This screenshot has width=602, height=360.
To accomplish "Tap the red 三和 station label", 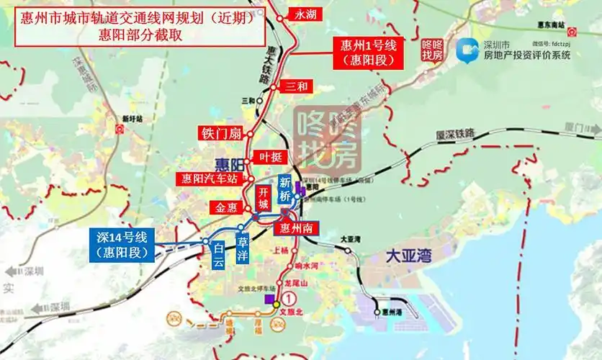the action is pyautogui.click(x=296, y=86).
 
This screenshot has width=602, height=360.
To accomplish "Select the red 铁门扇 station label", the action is pyautogui.click(x=221, y=133).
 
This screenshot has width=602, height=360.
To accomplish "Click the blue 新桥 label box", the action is pyautogui.click(x=285, y=189).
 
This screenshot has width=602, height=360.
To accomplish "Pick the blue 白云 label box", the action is pyautogui.click(x=218, y=256).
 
